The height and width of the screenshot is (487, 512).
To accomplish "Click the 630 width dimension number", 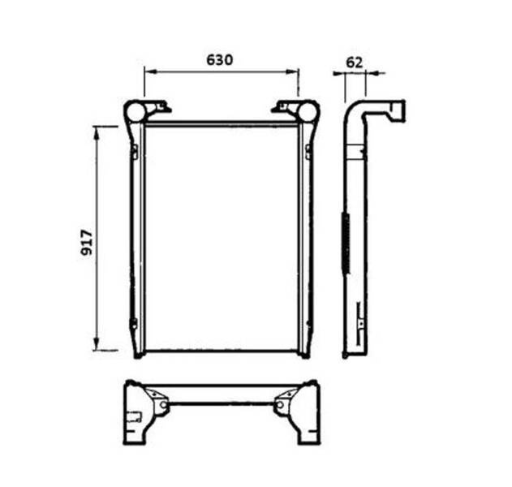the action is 219,60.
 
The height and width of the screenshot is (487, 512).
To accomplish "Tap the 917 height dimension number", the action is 87,243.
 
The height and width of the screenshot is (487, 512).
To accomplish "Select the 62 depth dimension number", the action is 355,62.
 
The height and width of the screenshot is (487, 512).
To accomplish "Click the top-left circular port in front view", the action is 135,112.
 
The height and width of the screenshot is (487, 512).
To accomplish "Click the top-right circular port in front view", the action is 308,111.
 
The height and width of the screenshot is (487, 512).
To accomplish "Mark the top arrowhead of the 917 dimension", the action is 97,132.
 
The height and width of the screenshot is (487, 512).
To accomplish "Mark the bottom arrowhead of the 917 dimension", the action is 97,344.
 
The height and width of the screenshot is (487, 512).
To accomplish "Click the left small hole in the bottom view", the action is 164,405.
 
